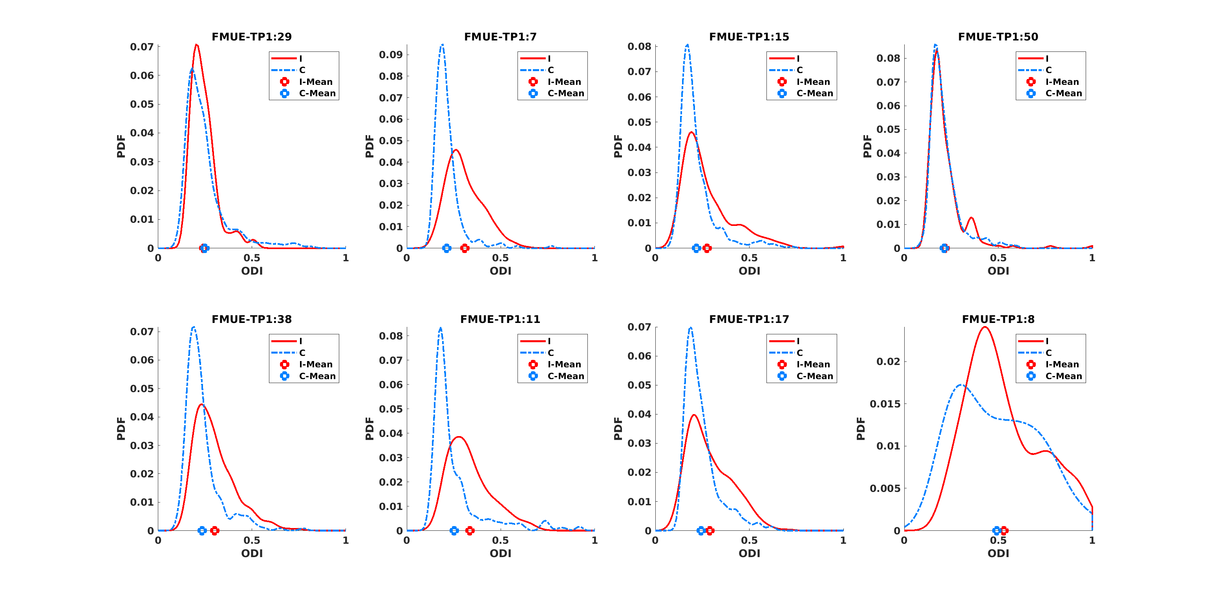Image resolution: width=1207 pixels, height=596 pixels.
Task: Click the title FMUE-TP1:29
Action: tap(252, 37)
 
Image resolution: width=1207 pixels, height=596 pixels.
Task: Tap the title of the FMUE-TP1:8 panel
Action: tap(998, 319)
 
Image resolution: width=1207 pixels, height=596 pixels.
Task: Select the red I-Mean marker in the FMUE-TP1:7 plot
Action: tap(465, 248)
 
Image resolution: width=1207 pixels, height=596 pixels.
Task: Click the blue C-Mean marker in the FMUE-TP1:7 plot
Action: tap(446, 248)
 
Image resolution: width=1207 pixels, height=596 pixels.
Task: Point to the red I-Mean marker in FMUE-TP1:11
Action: tap(470, 530)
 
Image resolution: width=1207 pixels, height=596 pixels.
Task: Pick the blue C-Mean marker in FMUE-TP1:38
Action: tap(202, 530)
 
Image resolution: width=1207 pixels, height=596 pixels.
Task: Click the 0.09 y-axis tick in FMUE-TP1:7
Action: tap(391, 55)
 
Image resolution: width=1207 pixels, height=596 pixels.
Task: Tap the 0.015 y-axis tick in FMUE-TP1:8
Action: tap(885, 404)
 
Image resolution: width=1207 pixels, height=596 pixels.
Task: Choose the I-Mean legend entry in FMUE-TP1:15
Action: tap(813, 82)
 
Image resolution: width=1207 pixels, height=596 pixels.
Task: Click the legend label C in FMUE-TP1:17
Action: tap(800, 353)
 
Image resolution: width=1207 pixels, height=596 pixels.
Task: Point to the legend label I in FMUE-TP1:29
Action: tap(301, 59)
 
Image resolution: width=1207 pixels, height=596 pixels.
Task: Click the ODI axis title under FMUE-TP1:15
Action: tap(749, 271)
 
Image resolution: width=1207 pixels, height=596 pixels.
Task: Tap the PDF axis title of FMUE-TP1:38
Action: tap(121, 429)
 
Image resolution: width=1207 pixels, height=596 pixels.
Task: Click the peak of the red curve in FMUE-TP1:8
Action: tap(986, 327)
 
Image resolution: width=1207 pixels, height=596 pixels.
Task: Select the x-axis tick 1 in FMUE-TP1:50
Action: tap(1092, 258)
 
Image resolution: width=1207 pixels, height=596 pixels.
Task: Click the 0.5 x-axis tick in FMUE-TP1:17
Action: tap(749, 540)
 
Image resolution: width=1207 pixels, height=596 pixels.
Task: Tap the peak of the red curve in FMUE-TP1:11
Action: tap(459, 436)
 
